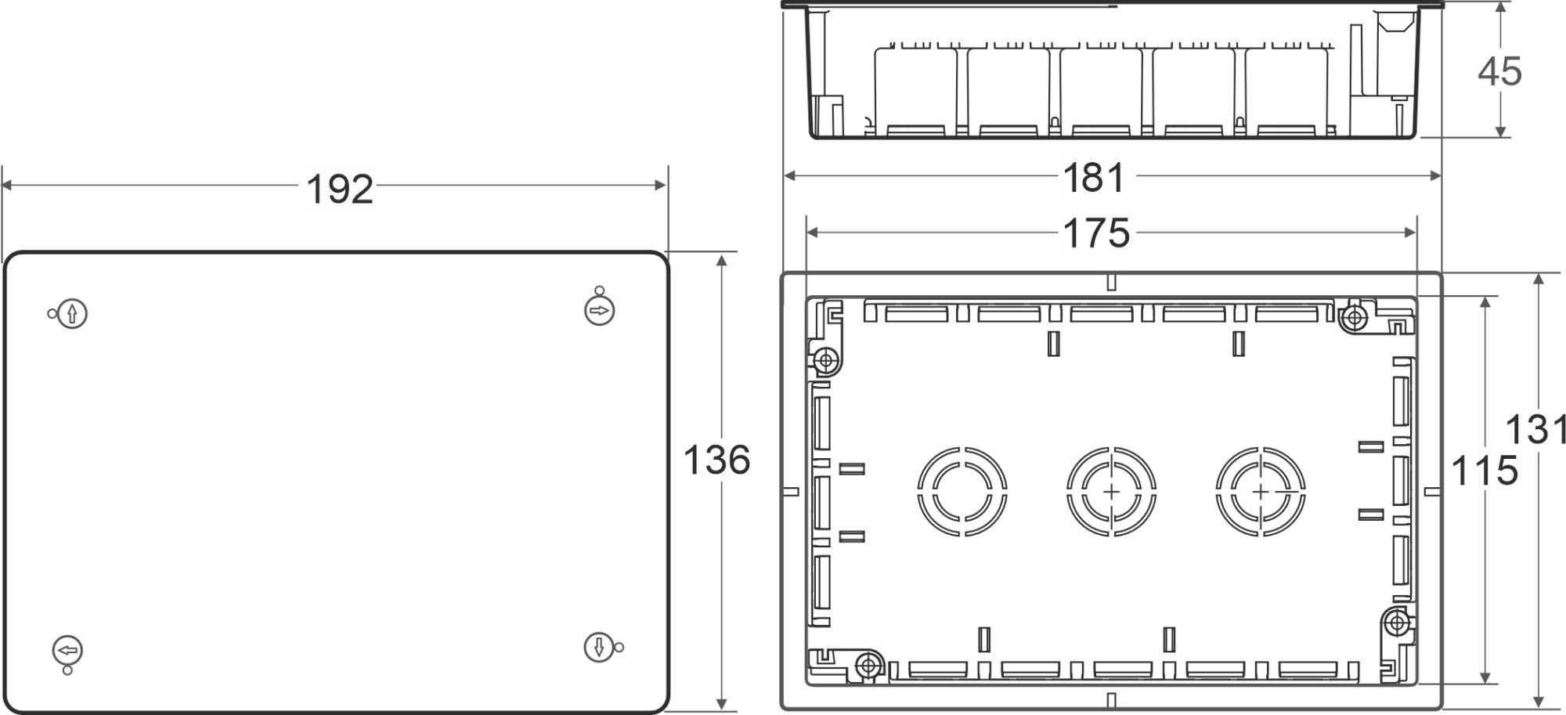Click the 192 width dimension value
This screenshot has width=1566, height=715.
(x=339, y=190)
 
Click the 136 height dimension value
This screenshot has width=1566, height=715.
(x=716, y=460)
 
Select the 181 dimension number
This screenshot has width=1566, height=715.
(x=1094, y=179)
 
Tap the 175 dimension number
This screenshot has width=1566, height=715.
(x=1095, y=233)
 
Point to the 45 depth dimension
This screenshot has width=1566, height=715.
(x=1499, y=72)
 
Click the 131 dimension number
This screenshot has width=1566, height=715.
(x=1536, y=430)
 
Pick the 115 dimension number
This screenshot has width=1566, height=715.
(x=1485, y=471)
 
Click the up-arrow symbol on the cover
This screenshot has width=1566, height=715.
(x=72, y=314)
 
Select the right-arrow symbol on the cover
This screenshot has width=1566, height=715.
(x=599, y=311)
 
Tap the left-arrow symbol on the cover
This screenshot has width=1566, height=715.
(x=68, y=651)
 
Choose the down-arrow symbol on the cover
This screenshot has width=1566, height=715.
(x=599, y=647)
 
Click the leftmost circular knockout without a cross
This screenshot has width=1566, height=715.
(x=962, y=492)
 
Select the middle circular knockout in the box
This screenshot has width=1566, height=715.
(x=1111, y=492)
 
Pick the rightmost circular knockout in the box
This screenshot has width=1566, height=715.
(x=1261, y=492)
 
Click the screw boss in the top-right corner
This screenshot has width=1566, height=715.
(x=1354, y=318)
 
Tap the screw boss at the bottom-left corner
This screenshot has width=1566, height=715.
(x=868, y=666)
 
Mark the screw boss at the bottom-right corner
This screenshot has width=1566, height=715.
(x=1396, y=623)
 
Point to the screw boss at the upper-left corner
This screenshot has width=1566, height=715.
(x=825, y=361)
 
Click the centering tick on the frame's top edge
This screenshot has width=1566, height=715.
(x=1111, y=283)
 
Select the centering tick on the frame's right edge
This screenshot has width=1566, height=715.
(x=1431, y=492)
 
